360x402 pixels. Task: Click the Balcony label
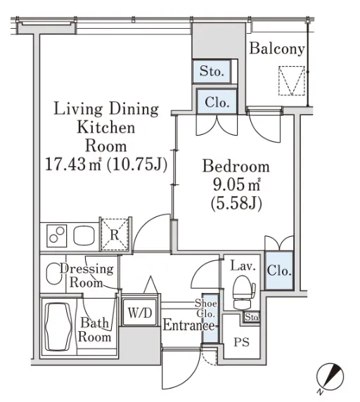coord(277,48)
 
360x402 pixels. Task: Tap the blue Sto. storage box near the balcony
coord(212,71)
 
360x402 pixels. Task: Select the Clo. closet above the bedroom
coord(217,102)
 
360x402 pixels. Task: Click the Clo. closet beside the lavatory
coord(279,271)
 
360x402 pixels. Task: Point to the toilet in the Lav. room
coord(243,292)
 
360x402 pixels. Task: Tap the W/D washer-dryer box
coord(140,312)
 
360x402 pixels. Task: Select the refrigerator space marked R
coord(115,234)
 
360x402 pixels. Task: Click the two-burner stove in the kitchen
coord(57,235)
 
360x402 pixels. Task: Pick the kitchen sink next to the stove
coord(84,235)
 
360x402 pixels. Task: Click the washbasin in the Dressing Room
coord(53,273)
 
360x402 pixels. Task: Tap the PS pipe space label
coord(242,342)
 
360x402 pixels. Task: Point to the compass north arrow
coord(330,377)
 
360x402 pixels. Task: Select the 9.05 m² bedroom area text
coord(236,185)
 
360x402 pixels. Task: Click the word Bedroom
coord(236,166)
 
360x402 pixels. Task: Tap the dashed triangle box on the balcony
coord(292,81)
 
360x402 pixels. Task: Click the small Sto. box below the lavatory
coord(251,318)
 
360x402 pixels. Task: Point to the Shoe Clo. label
coord(206,308)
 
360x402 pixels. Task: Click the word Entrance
coord(188,325)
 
